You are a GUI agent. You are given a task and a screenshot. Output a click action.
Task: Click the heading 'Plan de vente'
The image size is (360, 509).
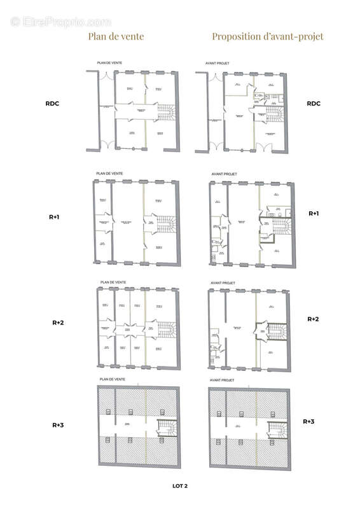pyautogui.click(x=116, y=36)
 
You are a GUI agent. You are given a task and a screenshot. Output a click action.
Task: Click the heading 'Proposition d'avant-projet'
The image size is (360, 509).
pyautogui.click(x=268, y=36)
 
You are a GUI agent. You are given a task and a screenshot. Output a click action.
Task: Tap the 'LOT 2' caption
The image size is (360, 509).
pyautogui.click(x=180, y=485)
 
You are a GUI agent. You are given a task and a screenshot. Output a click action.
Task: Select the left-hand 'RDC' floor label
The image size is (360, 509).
pyautogui.click(x=52, y=104)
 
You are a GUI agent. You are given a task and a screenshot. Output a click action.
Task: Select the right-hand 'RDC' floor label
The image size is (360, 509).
pyautogui.click(x=314, y=104)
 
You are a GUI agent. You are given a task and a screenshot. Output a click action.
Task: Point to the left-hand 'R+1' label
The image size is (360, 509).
pyautogui.click(x=55, y=217)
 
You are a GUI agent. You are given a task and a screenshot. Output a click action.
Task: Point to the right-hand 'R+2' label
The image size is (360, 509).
pyautogui.click(x=313, y=319)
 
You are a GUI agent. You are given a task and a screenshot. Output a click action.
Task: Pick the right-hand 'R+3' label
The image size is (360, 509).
pyautogui.click(x=308, y=421)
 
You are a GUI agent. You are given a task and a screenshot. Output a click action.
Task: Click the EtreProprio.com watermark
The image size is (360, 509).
pyautogui.click(x=60, y=22)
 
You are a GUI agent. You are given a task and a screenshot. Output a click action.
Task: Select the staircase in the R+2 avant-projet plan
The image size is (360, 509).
pyautogui.click(x=277, y=331)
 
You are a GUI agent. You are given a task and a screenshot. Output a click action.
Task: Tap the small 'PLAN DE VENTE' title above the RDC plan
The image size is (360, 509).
pyautogui.click(x=109, y=63)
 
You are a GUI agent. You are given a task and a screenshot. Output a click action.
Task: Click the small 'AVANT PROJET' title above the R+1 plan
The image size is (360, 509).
pyautogui.click(x=223, y=173)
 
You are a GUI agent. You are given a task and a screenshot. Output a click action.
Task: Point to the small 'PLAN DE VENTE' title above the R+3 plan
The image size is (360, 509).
pyautogui.click(x=112, y=379)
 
